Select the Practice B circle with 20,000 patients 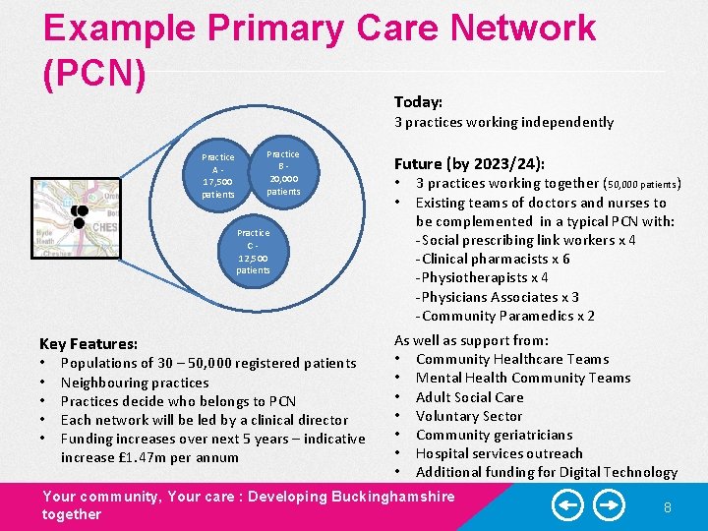point(283,172)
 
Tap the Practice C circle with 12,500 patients point(253,251)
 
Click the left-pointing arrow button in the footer point(567,506)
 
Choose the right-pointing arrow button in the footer point(611,506)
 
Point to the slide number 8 point(667,507)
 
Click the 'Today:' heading point(418,102)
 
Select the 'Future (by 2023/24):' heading point(469,164)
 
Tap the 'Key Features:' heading point(88,344)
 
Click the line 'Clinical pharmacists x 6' point(495,259)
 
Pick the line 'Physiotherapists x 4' point(485,277)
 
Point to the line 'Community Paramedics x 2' point(507,316)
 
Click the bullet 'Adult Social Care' point(469,397)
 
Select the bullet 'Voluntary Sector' point(468,416)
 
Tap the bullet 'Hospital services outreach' point(499,453)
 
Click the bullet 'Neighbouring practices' point(135,383)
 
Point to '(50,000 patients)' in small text point(643,184)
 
